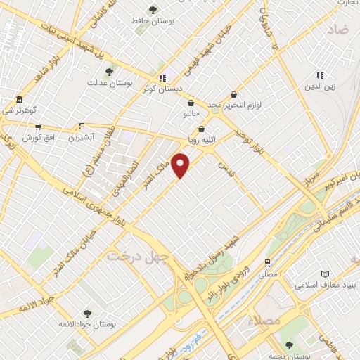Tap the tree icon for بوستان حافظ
click(153, 10)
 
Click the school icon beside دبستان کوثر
click(163, 77)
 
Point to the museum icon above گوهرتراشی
click(18, 99)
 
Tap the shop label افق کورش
click(38, 138)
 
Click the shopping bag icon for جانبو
click(191, 103)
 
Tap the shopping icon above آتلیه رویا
click(202, 129)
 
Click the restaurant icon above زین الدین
click(320, 75)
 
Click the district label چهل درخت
click(139, 255)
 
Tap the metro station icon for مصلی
click(267, 262)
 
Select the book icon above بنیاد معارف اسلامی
click(324, 274)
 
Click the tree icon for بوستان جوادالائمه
click(87, 313)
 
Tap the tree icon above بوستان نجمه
click(289, 345)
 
